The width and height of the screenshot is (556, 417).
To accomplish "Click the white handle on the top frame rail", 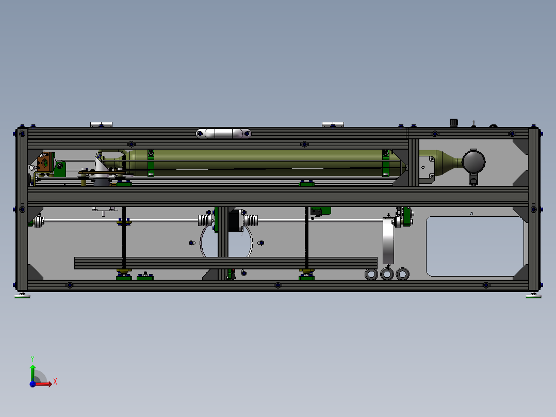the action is click(223, 134).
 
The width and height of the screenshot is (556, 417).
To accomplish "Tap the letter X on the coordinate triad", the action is click(55, 382).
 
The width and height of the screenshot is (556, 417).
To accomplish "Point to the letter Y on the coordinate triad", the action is click(32, 359).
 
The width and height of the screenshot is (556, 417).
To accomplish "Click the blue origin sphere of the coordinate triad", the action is click(32, 383).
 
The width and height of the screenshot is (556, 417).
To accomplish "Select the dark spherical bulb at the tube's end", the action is click(473, 162).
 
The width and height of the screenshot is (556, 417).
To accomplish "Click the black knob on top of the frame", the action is click(453, 122).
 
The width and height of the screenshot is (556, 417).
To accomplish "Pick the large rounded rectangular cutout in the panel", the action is click(475, 246).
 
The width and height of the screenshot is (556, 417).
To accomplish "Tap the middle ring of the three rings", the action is click(387, 274).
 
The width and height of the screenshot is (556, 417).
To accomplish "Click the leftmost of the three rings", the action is click(371, 274).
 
